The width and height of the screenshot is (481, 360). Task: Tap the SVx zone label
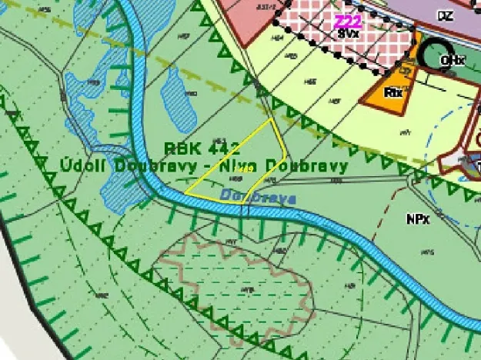click(x=348, y=35)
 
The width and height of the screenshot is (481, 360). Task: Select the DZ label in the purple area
click(x=445, y=15)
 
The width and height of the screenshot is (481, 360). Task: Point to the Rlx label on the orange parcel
click(x=393, y=92)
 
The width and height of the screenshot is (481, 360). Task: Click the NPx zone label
click(x=418, y=218)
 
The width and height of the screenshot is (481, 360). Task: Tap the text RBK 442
click(x=196, y=148)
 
